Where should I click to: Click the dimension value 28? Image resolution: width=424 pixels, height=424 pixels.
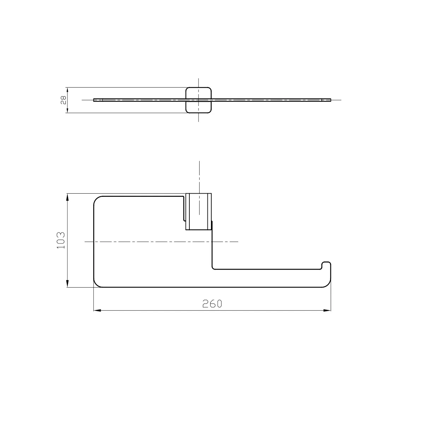(63, 100)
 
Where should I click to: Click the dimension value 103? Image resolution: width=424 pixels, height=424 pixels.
(61, 240)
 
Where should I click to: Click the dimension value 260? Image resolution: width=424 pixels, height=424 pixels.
(212, 304)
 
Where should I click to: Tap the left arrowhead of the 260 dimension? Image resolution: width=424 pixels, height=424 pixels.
(97, 311)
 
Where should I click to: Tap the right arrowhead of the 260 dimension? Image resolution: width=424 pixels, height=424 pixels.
(327, 311)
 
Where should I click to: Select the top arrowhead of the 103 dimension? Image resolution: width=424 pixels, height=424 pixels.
(67, 197)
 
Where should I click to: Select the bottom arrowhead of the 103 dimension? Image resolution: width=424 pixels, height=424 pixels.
(67, 284)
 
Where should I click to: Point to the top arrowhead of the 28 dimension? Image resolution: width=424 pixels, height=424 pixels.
(67, 91)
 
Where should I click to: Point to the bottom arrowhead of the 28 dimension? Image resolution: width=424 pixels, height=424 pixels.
(67, 109)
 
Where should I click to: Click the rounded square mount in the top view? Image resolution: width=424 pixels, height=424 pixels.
(186, 100)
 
